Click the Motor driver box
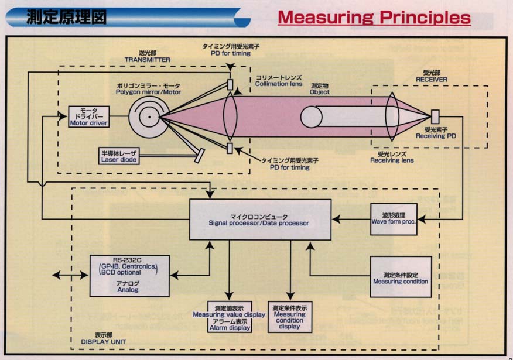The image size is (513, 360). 89,117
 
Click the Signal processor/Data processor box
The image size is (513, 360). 260,220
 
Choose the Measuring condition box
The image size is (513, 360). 401,277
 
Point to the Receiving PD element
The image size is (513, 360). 435,116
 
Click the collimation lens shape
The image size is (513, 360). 230,116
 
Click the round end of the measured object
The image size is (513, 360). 311,116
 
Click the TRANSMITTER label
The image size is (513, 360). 147,60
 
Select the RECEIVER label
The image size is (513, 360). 431,80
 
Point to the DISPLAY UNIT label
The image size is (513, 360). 103,341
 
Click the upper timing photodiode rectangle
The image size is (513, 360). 230,84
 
